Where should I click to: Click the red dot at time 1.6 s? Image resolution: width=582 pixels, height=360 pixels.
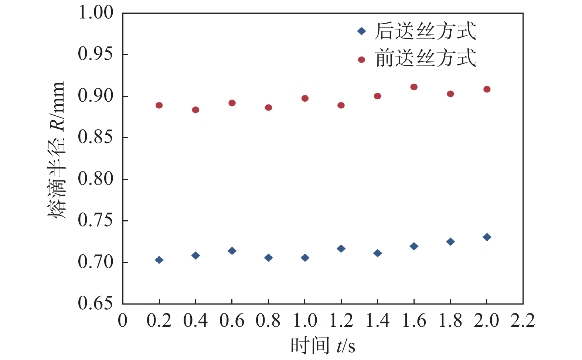tap(414, 87)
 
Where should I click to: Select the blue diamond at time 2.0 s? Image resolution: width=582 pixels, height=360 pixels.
tap(487, 237)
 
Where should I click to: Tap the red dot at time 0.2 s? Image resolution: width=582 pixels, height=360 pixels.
tap(159, 105)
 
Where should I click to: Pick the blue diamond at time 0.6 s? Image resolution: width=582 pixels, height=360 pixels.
tap(232, 251)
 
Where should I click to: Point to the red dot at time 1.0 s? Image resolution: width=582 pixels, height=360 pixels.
tap(305, 98)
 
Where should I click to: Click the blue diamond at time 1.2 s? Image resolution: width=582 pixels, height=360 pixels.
tap(341, 249)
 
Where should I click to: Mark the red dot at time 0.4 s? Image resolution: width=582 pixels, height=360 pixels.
tap(195, 110)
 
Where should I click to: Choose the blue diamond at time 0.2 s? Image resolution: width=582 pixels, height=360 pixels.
tap(159, 260)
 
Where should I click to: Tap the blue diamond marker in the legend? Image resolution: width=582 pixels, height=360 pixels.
tap(361, 31)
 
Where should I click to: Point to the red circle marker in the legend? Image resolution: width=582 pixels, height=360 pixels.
tap(361, 60)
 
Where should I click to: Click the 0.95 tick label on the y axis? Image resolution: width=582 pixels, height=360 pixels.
tap(95, 54)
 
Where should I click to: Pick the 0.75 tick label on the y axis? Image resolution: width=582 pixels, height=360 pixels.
tap(95, 221)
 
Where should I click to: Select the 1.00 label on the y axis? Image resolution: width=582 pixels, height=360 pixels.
tap(95, 13)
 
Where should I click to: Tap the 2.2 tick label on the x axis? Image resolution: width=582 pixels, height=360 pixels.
tap(523, 320)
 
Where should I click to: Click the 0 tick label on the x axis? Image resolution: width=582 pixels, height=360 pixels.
tap(123, 320)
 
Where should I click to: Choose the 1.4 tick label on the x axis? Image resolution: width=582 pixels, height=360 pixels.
tap(377, 320)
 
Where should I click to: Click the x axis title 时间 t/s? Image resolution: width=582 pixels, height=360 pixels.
tap(323, 346)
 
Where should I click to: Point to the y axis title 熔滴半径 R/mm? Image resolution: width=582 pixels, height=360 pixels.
tap(57, 150)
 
